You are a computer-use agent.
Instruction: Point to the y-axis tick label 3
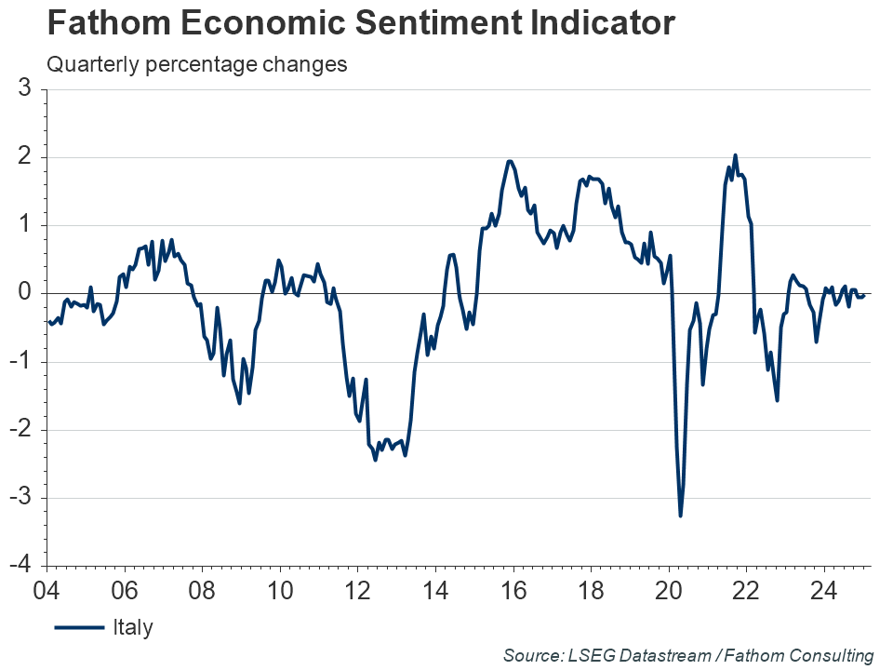click(26, 89)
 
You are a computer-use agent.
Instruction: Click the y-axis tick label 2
click(26, 157)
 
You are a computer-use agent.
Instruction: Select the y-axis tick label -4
click(22, 566)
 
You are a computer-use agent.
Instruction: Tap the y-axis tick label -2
click(22, 430)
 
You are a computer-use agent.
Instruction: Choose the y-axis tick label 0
click(26, 293)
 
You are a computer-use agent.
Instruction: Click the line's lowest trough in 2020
click(680, 516)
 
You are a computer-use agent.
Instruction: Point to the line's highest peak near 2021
click(735, 155)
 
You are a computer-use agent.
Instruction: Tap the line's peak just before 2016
click(509, 161)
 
